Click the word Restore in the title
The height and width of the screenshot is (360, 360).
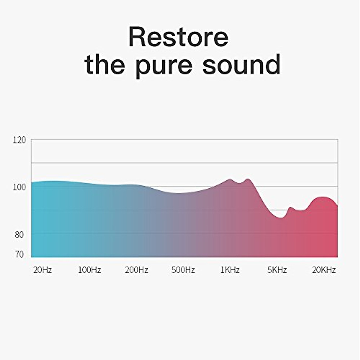coord(178,37)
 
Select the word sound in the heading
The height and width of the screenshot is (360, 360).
coord(241,64)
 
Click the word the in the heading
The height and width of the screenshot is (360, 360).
coord(105,64)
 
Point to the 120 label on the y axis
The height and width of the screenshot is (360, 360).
coord(19,140)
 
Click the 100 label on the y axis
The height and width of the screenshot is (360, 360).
coord(19,187)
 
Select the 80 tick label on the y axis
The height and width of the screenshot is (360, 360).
coord(19,235)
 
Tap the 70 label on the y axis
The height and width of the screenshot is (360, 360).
coord(19,255)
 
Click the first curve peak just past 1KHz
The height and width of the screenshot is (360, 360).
coord(229,179)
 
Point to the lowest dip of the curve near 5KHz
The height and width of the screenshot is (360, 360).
coord(280,217)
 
